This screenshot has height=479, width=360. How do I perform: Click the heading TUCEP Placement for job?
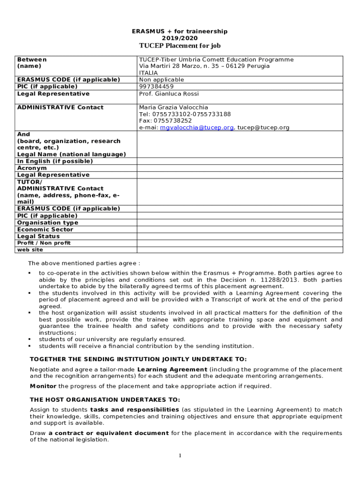[x=180, y=45]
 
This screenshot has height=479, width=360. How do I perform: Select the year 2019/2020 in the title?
[x=180, y=38]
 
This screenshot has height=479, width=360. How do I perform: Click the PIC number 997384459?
[x=156, y=87]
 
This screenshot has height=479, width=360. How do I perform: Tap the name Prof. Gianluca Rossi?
[x=169, y=94]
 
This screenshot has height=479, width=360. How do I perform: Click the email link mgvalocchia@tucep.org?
[x=196, y=127]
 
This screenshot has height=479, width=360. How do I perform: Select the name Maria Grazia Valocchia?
[x=173, y=107]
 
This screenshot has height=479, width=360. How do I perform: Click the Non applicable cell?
[x=161, y=80]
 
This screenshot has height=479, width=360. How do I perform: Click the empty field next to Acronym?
[x=239, y=168]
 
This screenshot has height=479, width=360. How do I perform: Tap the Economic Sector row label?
[x=45, y=229]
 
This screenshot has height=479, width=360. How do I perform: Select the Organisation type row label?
[x=48, y=223]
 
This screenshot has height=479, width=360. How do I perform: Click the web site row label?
[x=30, y=250]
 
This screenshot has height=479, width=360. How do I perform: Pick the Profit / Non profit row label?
[x=44, y=243]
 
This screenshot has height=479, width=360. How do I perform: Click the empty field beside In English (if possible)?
[x=239, y=161]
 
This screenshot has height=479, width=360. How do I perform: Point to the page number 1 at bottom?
[x=180, y=456]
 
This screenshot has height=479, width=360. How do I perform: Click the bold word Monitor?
[x=43, y=386]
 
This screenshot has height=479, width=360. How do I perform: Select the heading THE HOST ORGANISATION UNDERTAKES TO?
[x=105, y=399]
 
